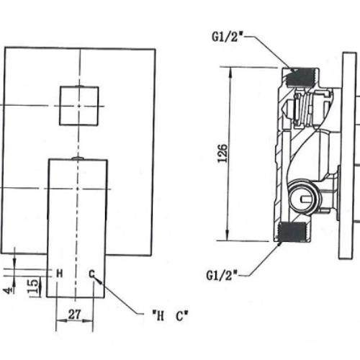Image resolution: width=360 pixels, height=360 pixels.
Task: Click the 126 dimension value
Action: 222,153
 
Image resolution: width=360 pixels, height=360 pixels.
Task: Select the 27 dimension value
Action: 75,315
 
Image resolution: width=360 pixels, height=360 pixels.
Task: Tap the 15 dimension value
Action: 33,286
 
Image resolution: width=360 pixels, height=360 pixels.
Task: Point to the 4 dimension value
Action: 9,291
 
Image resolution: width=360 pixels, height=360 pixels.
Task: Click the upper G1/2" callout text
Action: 228,37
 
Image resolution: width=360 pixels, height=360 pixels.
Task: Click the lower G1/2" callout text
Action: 222,275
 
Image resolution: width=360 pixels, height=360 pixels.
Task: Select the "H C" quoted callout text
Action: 170,316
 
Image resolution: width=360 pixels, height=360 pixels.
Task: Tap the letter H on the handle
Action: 60,274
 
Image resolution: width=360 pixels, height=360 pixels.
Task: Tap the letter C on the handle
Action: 91,274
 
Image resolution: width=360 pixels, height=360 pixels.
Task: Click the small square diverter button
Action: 79,106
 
